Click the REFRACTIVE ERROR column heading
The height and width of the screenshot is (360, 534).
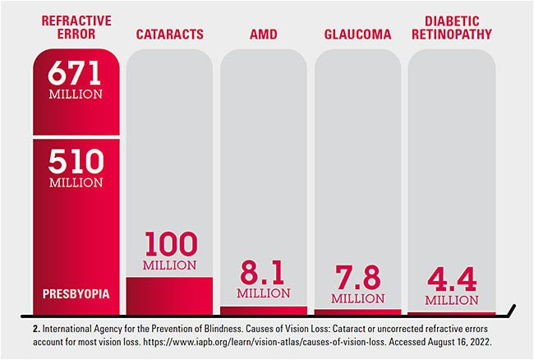pos(76,28)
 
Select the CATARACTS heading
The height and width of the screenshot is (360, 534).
pos(170,35)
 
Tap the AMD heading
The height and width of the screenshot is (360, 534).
pos(264,35)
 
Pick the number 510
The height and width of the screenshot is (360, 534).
pos(76,160)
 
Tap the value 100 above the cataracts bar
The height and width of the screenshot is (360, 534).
pos(170,244)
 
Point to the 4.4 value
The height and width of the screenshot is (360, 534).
pos(451,280)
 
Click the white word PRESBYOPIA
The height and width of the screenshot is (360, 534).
pos(76,293)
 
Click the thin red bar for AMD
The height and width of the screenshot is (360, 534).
pos(264,310)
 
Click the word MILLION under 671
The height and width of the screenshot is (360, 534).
pos(76,95)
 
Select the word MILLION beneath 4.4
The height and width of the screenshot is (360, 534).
pos(451,300)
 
